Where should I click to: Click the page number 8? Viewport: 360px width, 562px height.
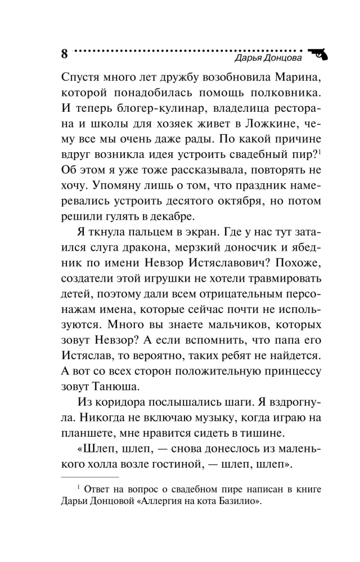[x=64, y=54]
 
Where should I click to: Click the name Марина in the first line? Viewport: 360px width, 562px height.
[x=289, y=76]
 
